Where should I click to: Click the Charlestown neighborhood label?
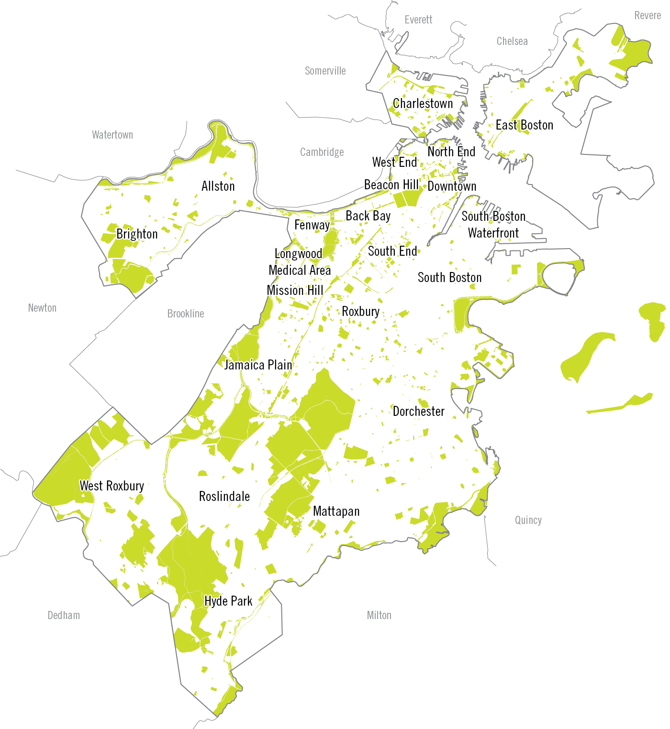pos(423,103)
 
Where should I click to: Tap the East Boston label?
pos(524,125)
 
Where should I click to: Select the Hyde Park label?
pos(228,601)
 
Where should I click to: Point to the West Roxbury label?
pos(112,486)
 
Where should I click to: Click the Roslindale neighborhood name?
pos(224,496)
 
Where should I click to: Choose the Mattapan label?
pos(336,511)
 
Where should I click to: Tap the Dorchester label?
pos(418,411)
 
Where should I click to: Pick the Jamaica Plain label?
pos(258,365)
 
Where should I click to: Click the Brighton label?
pos(137,234)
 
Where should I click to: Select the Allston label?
pos(218,186)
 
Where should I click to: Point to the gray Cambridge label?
pos(322,152)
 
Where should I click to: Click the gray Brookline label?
pos(185,314)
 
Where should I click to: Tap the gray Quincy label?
pos(528,520)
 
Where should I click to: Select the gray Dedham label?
pos(64,615)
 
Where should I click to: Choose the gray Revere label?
pos(647,15)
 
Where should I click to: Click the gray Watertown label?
pos(112,135)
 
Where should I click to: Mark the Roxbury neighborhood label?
pos(360,311)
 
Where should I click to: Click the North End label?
pos(451,152)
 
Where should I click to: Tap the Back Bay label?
pos(368,216)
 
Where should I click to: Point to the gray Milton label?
pos(379,615)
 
